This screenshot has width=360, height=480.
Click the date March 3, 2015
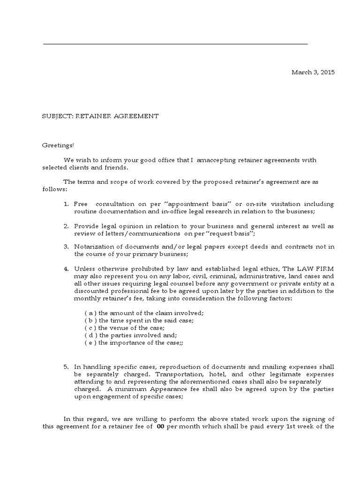click(313, 72)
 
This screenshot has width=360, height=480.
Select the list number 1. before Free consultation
click(66, 204)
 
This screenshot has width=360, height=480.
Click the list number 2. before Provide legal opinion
click(66, 226)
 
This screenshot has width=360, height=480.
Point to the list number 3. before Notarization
click(66, 247)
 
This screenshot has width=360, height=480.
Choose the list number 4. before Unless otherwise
click(66, 269)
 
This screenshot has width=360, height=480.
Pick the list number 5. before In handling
click(66, 366)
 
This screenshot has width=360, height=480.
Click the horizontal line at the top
click(175, 45)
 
